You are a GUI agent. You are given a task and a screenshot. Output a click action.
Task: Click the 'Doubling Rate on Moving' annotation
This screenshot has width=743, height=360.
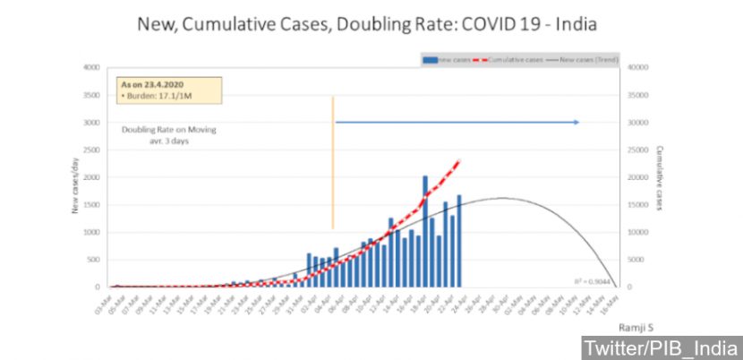(x=169, y=129)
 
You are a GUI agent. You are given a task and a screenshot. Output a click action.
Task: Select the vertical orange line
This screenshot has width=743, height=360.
(x=332, y=161)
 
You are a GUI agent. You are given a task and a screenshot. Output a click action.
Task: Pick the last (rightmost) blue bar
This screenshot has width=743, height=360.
(x=459, y=242)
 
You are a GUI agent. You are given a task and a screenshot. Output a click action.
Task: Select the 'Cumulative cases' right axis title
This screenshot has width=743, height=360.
(x=659, y=178)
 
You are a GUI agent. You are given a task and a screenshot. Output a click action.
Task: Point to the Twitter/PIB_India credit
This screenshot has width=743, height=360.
(x=661, y=347)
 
